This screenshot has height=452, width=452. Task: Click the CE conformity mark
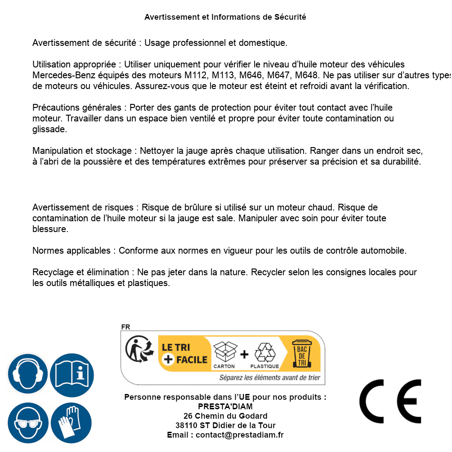[x=390, y=401]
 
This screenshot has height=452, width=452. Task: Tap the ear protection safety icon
[x=27, y=374]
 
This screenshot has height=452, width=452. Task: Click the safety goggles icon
[x=28, y=423]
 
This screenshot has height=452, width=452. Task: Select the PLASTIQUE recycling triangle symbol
[x=264, y=353]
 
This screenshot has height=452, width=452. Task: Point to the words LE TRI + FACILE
[x=184, y=353]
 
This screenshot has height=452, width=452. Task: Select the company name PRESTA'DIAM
[x=225, y=407]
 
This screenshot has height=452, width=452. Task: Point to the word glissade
[x=49, y=130]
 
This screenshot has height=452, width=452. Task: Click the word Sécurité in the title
[x=290, y=17]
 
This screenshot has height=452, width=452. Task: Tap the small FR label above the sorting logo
[x=125, y=327]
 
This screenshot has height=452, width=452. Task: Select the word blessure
[x=50, y=229]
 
